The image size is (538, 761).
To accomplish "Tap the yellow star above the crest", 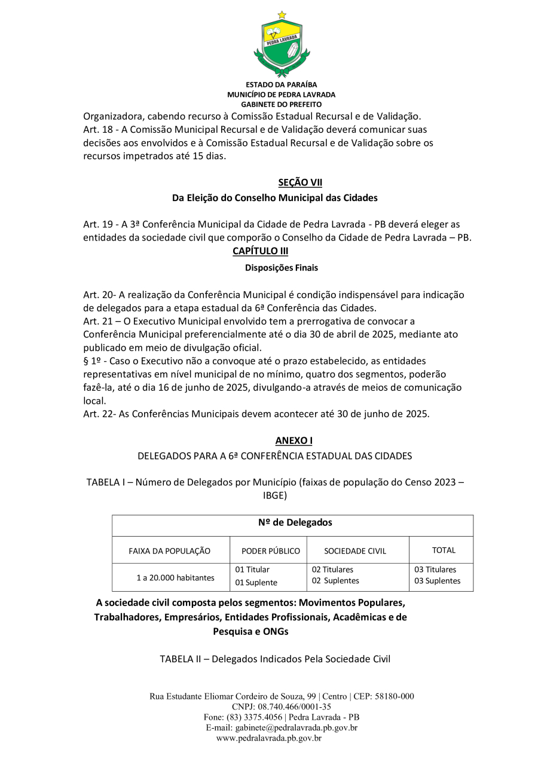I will (282, 14).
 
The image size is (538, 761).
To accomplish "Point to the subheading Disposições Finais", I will (281, 268).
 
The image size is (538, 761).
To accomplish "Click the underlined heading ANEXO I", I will (294, 440).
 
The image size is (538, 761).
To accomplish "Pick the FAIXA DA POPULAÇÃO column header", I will (170, 551).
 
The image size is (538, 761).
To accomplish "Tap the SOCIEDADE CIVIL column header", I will (355, 551).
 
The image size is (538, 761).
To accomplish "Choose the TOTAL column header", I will (444, 550).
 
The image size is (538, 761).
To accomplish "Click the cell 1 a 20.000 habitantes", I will (175, 578).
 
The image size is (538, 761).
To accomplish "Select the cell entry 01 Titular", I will (252, 570).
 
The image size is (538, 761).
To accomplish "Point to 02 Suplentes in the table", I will (335, 581).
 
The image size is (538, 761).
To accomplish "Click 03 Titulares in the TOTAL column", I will (435, 570).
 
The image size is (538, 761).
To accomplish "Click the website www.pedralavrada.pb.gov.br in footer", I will (269, 738).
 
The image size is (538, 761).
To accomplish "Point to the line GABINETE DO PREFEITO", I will (281, 104).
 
